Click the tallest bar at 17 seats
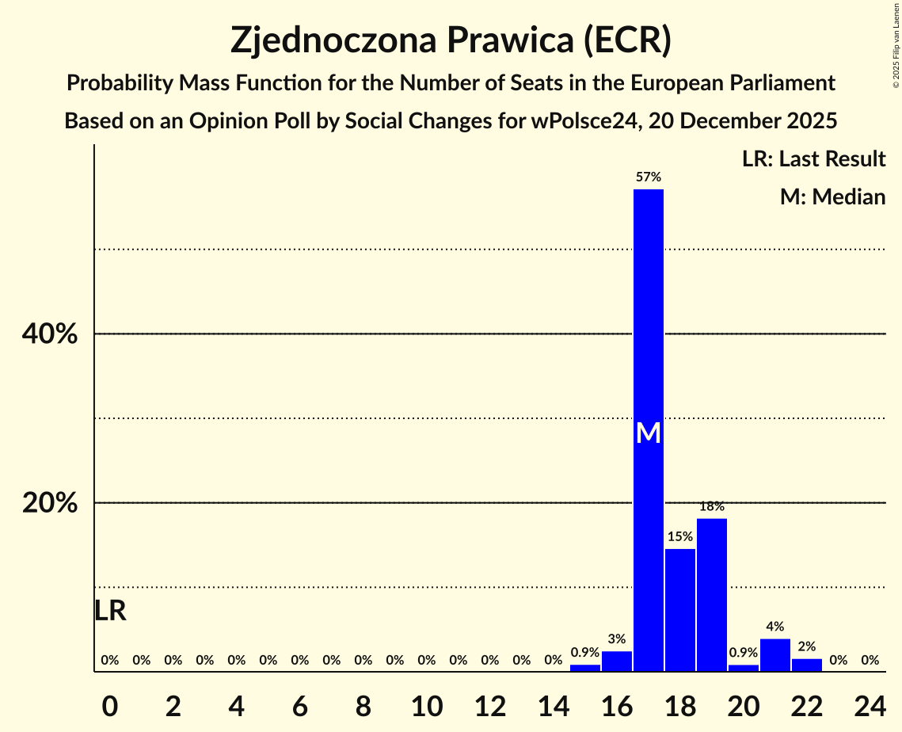point(649,317)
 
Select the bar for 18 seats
point(680,610)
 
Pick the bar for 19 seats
point(712,594)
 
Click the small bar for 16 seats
point(617,661)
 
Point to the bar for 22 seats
point(807,665)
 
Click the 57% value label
point(649,177)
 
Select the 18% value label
point(712,506)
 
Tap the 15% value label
point(680,537)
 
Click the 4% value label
point(775,627)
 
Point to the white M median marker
point(649,433)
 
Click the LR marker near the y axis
point(110,611)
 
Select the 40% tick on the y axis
point(50,334)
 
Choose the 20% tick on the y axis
point(50,503)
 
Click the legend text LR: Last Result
point(813,159)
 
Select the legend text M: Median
point(832,196)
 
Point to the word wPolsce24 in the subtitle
point(585,121)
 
